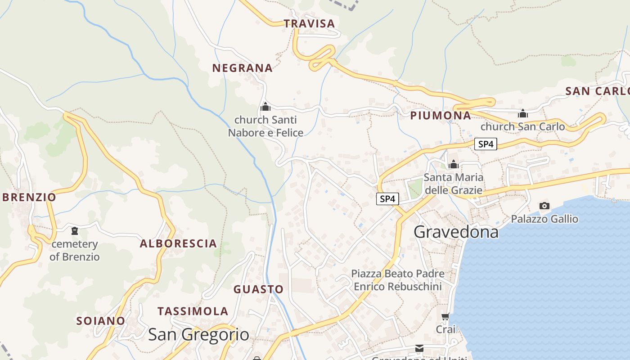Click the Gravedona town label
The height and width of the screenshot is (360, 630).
pyautogui.click(x=456, y=232)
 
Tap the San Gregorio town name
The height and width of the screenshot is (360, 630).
pyautogui.click(x=198, y=334)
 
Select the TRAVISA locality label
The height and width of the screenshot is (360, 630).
pyautogui.click(x=310, y=24)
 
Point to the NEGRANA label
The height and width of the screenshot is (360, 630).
pyautogui.click(x=243, y=68)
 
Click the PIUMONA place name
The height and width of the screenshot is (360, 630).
pyautogui.click(x=441, y=116)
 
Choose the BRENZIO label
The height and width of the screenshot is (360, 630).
pyautogui.click(x=29, y=197)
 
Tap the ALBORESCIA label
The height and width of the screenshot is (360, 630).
pyautogui.click(x=178, y=244)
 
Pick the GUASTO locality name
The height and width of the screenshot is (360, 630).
pyautogui.click(x=258, y=289)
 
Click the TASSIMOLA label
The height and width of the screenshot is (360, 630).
pyautogui.click(x=193, y=311)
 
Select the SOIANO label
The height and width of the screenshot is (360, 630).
pyautogui.click(x=101, y=321)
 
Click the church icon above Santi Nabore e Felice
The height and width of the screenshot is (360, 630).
pyautogui.click(x=265, y=107)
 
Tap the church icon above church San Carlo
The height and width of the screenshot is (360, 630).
pyautogui.click(x=523, y=113)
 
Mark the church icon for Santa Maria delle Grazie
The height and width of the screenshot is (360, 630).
pyautogui.click(x=454, y=164)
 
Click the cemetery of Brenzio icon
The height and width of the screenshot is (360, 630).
pyautogui.click(x=74, y=231)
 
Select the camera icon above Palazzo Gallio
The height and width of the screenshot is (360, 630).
pyautogui.click(x=544, y=206)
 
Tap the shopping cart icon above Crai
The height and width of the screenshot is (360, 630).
pyautogui.click(x=445, y=317)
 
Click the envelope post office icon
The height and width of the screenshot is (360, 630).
pyautogui.click(x=419, y=348)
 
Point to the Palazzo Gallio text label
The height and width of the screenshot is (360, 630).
pyautogui.click(x=544, y=219)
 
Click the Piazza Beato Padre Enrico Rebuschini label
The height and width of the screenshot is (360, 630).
pyautogui.click(x=398, y=280)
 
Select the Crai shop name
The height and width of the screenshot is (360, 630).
pyautogui.click(x=445, y=329)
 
